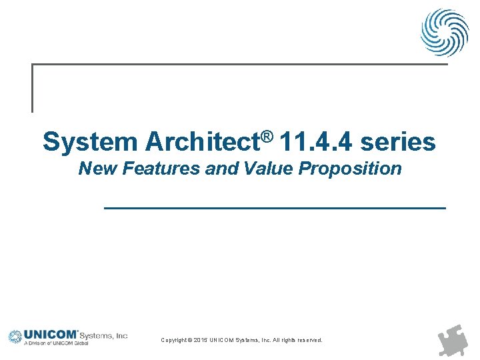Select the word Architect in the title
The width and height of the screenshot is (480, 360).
point(202,142)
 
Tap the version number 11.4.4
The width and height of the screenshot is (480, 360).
point(316,142)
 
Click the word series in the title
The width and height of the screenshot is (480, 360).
point(398,142)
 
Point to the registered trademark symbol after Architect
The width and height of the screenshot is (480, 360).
point(267,135)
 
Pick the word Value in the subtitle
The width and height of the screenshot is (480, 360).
point(269,169)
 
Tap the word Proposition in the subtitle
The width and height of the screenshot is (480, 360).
point(350,169)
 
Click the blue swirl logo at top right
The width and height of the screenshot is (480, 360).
point(444,32)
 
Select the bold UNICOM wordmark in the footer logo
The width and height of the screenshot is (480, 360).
point(51,335)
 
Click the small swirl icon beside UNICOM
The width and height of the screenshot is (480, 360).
point(15,337)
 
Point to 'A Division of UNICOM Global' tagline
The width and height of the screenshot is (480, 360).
point(56,344)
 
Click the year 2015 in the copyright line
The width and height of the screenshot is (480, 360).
point(199,340)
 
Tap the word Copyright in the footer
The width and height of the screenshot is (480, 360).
point(174,340)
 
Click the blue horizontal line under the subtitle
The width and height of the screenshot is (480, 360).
point(275,209)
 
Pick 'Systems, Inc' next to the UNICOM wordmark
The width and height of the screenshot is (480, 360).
point(103,335)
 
